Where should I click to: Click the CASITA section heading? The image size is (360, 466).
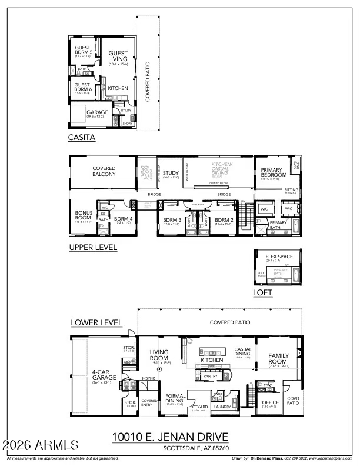coord(82,139)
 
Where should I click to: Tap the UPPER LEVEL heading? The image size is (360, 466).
coord(93,248)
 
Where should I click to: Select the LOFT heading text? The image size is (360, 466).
coord(262,292)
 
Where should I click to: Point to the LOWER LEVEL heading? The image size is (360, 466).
coord(96,322)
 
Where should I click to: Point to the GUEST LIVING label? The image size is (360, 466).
coord(118,56)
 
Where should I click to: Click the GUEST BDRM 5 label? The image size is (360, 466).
coord(82,50)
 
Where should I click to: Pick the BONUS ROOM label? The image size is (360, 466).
coord(84,217)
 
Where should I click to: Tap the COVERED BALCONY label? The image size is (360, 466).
coord(104,171)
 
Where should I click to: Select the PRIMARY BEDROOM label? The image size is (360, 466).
coord(273,172)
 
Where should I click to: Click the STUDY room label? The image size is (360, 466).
coord(171,173)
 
